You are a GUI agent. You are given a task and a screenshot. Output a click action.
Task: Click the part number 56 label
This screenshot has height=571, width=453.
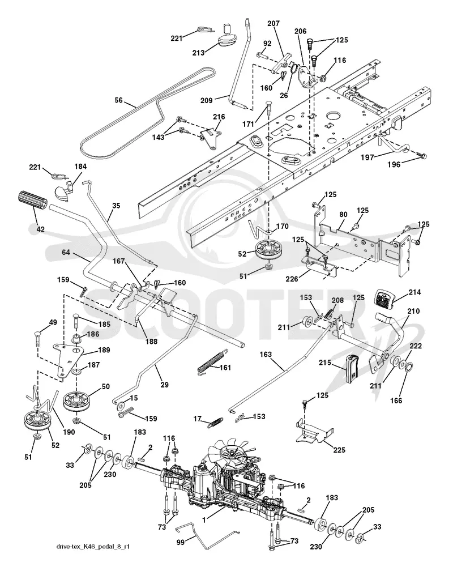(119, 100)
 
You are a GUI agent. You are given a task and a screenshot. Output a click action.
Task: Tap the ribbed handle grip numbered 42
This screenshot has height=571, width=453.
(32, 201)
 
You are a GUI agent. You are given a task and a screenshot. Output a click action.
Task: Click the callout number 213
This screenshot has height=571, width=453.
(198, 53)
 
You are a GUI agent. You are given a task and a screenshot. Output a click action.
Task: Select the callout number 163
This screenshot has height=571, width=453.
(266, 354)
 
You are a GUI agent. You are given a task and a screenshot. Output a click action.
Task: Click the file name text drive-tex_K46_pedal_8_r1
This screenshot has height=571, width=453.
(92, 547)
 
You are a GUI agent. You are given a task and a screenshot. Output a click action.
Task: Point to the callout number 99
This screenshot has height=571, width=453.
(180, 542)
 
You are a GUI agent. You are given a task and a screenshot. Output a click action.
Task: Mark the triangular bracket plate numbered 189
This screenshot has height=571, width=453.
(67, 358)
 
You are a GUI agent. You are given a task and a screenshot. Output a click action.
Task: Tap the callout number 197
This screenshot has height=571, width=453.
(367, 157)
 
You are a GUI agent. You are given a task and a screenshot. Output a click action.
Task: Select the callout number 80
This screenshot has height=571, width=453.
(343, 214)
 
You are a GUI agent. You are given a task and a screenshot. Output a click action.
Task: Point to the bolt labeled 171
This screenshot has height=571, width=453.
(268, 108)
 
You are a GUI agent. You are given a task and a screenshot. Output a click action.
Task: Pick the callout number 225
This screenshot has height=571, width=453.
(339, 450)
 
